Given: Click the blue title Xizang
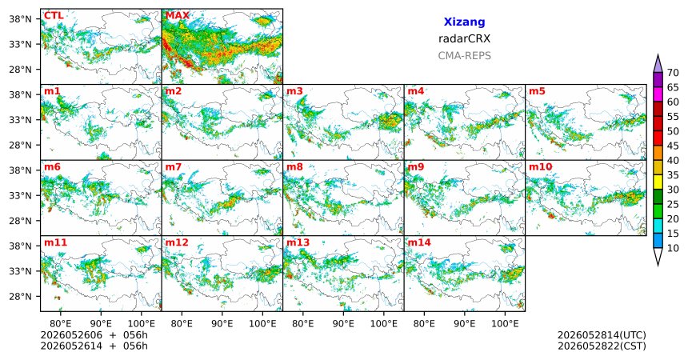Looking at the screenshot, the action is (x=464, y=22).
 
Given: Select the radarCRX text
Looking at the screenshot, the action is (x=464, y=38).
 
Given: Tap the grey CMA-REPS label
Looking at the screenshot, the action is (x=464, y=56).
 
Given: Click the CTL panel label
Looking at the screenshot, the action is (x=54, y=16).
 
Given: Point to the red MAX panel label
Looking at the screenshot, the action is (x=178, y=16).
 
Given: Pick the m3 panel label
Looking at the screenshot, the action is (x=295, y=91).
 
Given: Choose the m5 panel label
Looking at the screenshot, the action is (x=537, y=91).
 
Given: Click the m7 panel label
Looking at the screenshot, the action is (x=174, y=167).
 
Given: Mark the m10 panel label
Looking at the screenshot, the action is (x=540, y=167).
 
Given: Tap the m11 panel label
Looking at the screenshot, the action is (x=55, y=242).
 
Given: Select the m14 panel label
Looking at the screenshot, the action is (x=419, y=242).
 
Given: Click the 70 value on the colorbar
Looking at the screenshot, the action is (x=673, y=73).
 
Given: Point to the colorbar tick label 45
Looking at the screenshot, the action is (x=673, y=146).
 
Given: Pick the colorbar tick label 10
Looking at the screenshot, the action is (x=673, y=248).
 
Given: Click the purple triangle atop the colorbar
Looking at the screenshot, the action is (x=658, y=64).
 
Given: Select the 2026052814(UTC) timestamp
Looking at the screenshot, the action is (x=602, y=335).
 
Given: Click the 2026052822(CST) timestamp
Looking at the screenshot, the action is (x=602, y=346).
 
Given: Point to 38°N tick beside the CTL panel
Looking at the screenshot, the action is (x=21, y=19).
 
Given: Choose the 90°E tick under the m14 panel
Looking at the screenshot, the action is (x=465, y=324).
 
